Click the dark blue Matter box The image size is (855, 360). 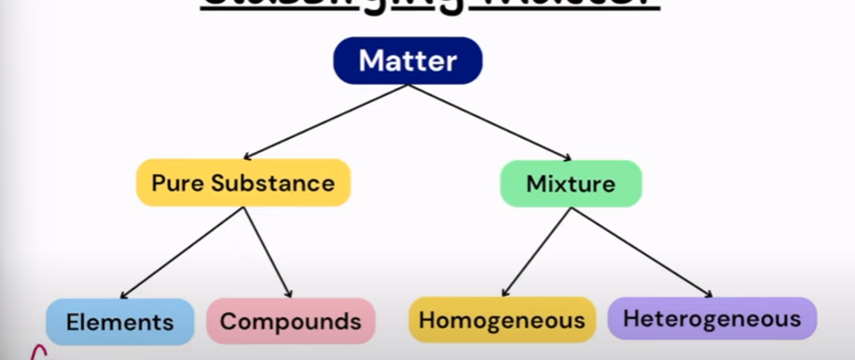[x=407, y=61]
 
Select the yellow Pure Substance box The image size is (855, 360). [x=243, y=182]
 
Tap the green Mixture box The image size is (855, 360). [x=570, y=183]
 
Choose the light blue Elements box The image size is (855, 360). [x=120, y=322]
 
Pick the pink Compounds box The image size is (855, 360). [x=290, y=322]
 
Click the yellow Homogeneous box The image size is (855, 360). [x=501, y=320]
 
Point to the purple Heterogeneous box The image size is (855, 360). [x=712, y=318]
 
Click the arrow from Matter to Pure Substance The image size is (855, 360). [x=326, y=121]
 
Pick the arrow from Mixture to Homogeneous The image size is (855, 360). [x=538, y=251]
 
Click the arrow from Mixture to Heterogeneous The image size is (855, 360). [x=642, y=251]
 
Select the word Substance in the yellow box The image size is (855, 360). [x=270, y=183]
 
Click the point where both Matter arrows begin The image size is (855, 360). [x=407, y=85]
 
